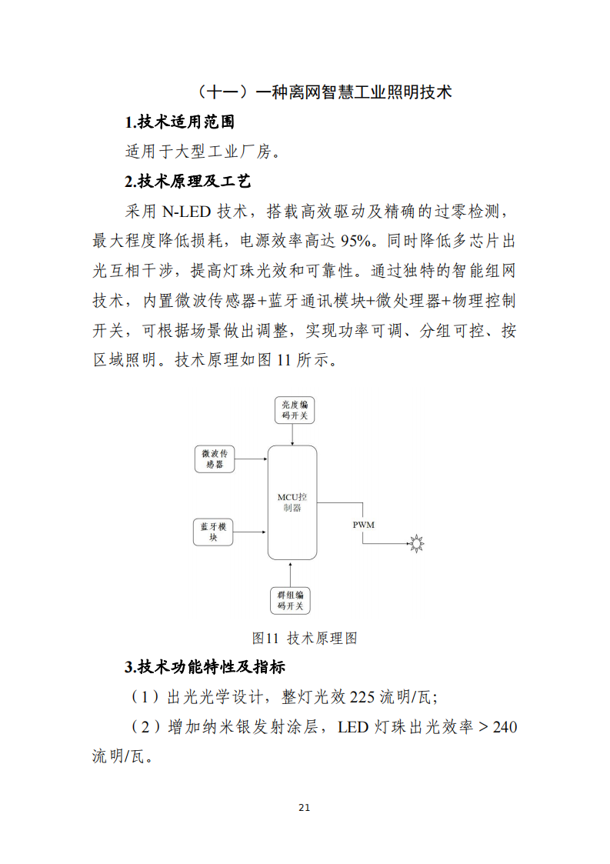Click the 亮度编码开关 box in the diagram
(x=293, y=410)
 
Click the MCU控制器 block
(x=292, y=502)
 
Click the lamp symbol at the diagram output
(x=416, y=544)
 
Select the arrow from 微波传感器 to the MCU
(x=251, y=460)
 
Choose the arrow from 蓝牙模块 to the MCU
(x=251, y=532)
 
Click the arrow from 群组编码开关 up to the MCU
(x=291, y=573)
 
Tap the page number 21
(x=304, y=807)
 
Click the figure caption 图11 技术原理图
(x=305, y=638)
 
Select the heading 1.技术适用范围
(x=179, y=122)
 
